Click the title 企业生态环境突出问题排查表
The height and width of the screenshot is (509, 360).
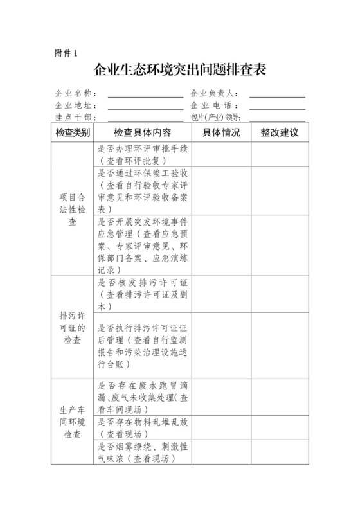[x=180, y=70]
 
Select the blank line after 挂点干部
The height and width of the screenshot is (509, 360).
[x=145, y=118]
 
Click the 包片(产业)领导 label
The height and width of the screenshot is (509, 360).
[x=215, y=117]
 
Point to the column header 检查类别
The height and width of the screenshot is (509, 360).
[x=72, y=132]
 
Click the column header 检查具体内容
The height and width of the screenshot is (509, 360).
[x=142, y=132]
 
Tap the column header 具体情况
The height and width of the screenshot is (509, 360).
[x=221, y=132]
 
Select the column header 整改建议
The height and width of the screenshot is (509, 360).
[x=280, y=132]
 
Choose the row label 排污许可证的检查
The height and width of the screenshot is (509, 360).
[x=72, y=328]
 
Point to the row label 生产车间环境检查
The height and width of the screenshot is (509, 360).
[x=72, y=421]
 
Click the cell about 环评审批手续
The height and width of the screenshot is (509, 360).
[x=142, y=154]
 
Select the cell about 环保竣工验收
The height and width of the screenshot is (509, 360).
[x=142, y=190]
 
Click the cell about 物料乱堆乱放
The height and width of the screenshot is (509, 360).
[x=142, y=427]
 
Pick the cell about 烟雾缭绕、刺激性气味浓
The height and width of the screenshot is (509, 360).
[x=142, y=452]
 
